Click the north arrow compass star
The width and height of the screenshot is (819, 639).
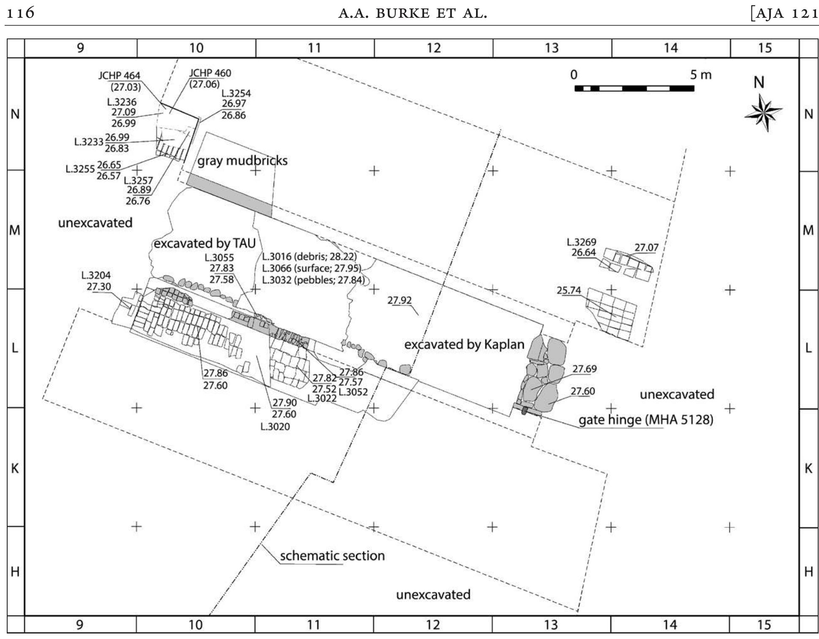(x=763, y=112)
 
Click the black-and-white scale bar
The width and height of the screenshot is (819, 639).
(x=634, y=88)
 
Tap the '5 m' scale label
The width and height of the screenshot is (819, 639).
(x=701, y=75)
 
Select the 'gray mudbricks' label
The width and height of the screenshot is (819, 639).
(x=242, y=161)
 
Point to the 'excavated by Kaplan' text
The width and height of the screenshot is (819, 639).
(x=464, y=344)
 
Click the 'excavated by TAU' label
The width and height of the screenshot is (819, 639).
(x=204, y=243)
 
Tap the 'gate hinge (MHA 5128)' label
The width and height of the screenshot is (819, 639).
(x=646, y=420)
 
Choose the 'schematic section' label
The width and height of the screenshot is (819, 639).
(x=332, y=555)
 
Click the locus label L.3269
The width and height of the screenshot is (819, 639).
(x=581, y=242)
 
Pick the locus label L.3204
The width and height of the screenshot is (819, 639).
(x=96, y=276)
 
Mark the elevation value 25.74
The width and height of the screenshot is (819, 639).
(x=569, y=290)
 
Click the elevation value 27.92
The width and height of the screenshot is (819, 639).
(x=399, y=300)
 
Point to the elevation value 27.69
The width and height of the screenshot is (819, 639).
(x=585, y=369)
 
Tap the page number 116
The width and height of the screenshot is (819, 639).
(x=20, y=13)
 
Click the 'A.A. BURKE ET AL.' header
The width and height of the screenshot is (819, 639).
(x=413, y=14)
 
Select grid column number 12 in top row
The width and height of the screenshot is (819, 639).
(x=433, y=48)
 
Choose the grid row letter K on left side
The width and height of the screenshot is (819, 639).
(x=15, y=468)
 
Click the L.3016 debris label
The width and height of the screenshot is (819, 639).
(x=310, y=257)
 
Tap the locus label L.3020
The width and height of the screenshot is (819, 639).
(x=275, y=426)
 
